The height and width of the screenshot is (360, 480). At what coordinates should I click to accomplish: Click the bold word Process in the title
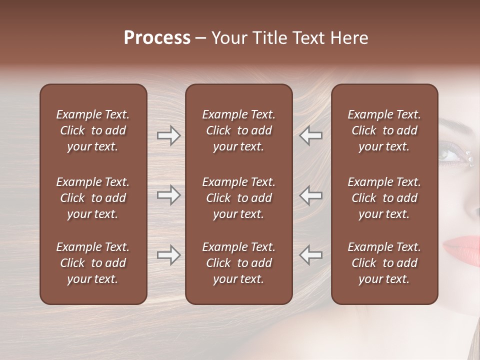click(157, 38)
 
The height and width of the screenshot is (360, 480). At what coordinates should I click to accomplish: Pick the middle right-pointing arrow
click(168, 195)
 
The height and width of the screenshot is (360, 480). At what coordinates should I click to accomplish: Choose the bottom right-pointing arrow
click(168, 255)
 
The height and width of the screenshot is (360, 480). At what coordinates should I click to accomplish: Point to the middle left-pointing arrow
click(310, 195)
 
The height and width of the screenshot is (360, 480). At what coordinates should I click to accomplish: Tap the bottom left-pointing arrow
click(310, 255)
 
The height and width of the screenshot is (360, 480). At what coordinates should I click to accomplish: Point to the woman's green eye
click(452, 155)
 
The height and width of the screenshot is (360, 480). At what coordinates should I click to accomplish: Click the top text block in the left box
click(93, 130)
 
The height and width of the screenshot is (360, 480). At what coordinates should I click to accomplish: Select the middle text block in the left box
click(93, 198)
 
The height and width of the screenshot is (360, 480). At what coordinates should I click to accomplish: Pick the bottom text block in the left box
click(93, 263)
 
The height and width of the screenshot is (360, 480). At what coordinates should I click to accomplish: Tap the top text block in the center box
click(238, 130)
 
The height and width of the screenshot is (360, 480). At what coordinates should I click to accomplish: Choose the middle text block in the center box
click(238, 198)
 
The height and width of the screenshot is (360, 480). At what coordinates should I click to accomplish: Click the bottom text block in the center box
click(238, 263)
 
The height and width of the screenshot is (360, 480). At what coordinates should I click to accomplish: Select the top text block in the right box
click(384, 130)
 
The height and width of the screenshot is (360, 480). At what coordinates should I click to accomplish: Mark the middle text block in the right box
click(384, 198)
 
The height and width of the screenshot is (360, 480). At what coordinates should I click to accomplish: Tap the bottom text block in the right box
click(384, 263)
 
